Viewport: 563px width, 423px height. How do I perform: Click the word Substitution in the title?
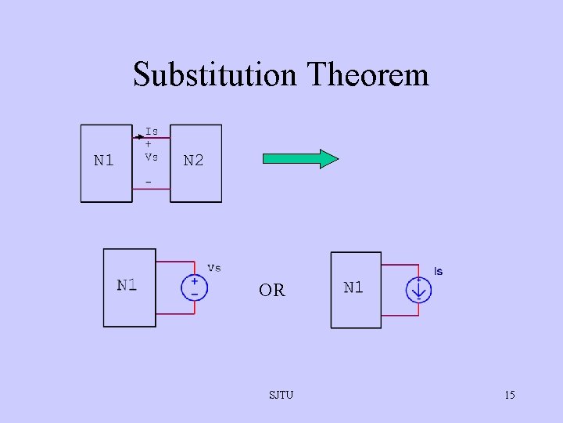point(216,75)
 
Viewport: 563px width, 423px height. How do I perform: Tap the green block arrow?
point(300,160)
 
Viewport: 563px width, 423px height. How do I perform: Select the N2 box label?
point(193,161)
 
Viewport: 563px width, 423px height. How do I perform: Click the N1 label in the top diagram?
point(104,161)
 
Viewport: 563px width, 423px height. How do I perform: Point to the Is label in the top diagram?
point(152,131)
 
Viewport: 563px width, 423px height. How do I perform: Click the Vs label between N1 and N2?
point(152,157)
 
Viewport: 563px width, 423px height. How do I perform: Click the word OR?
point(272,291)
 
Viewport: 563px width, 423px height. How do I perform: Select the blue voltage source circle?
point(194,287)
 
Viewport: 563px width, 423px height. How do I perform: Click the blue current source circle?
point(418,290)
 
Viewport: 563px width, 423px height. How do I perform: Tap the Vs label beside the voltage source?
point(213,267)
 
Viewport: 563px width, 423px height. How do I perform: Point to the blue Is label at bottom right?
point(438,271)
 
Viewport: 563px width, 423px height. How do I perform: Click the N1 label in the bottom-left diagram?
point(127,284)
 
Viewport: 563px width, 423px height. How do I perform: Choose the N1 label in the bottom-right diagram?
point(353,287)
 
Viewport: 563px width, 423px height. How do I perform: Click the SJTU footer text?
point(281,395)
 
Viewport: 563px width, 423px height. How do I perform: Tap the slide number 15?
point(509,395)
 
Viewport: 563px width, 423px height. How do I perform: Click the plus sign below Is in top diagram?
point(149,144)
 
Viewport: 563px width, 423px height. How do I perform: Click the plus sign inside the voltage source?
point(194,282)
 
